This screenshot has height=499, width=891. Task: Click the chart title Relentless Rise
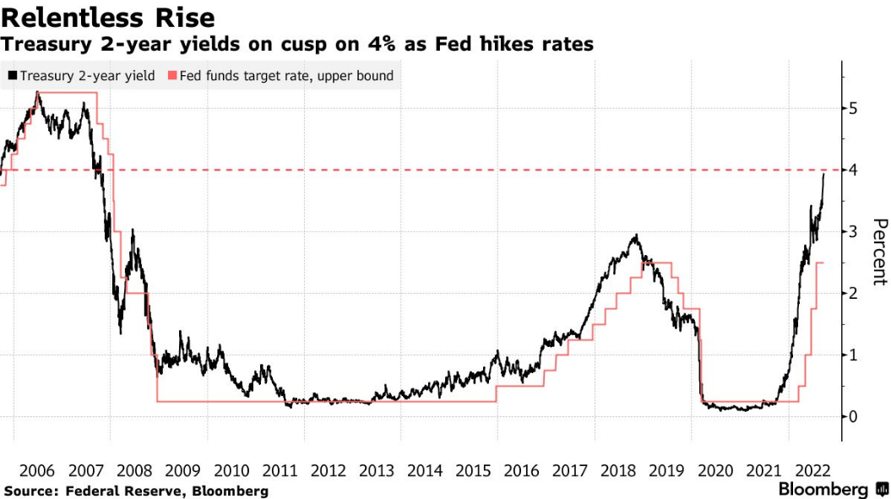point(108,18)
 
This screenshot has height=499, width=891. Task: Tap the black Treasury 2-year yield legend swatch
point(13,76)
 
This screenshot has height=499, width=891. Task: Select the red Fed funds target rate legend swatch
point(172,76)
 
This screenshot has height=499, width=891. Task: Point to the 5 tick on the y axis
point(853,108)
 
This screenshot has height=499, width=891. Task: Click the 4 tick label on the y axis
point(853,170)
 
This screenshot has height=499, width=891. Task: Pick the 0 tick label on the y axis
point(853,416)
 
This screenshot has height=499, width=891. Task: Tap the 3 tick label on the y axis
point(853,232)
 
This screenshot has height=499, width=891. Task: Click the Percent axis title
point(880,252)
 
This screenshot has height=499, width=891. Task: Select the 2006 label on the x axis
point(37,471)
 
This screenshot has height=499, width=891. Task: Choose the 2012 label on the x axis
point(328,471)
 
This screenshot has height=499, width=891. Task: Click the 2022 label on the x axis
point(812,471)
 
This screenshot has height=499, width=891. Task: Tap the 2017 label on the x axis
point(570,471)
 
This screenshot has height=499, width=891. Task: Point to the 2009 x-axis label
point(182,471)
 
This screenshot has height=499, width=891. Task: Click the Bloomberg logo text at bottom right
point(823,490)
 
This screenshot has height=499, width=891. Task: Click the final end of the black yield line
point(824,174)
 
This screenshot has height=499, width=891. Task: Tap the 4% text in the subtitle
point(381,44)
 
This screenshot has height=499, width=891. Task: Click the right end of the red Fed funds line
point(823,263)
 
